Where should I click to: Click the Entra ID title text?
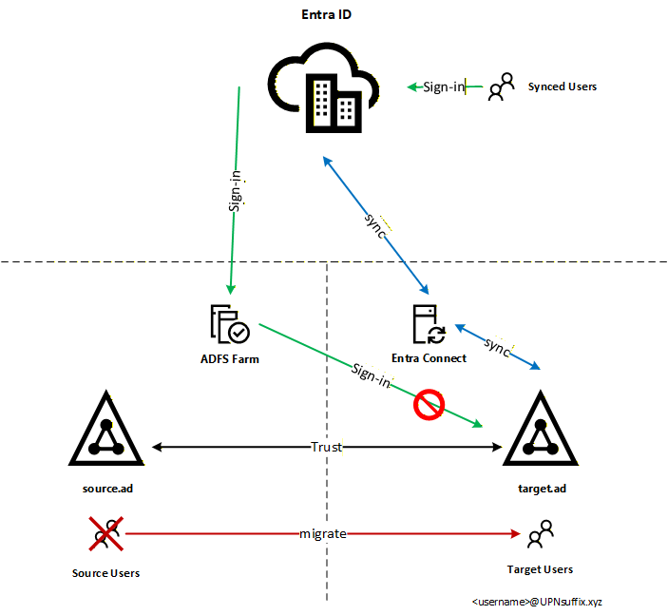pos(326,16)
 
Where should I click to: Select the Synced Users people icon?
pos(501,86)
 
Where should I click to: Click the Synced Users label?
pos(562,86)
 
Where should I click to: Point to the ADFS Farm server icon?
pos(229,323)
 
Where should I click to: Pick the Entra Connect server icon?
pos(429,324)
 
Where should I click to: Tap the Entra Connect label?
pos(429,358)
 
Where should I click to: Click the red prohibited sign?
pos(429,403)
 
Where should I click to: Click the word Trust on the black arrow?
pos(326,447)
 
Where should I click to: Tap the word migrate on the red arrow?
pos(322,534)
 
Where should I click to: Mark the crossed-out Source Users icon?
pos(106,534)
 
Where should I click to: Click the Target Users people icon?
pos(540,534)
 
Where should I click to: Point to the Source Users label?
pos(105,573)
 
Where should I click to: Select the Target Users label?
pos(540,569)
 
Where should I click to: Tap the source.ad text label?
pos(105,488)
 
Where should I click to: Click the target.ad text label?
pos(539,488)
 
